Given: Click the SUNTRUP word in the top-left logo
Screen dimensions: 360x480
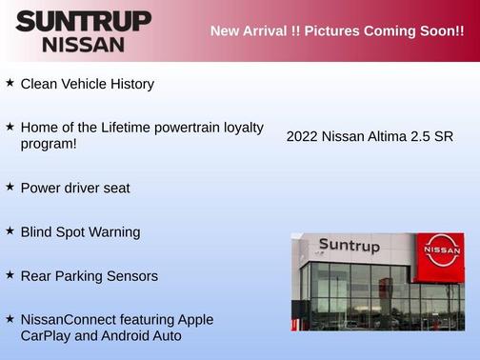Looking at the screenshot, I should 83,21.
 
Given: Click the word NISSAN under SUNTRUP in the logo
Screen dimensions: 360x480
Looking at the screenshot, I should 83,44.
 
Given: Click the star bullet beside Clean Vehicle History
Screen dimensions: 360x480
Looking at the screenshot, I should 10,83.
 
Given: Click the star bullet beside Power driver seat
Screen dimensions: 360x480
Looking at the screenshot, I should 10,187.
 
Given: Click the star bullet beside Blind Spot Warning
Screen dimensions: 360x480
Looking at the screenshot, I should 10,230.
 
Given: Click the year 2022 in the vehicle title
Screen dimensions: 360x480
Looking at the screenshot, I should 302,136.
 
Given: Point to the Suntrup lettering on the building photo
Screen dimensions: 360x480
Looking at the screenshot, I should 349,246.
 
